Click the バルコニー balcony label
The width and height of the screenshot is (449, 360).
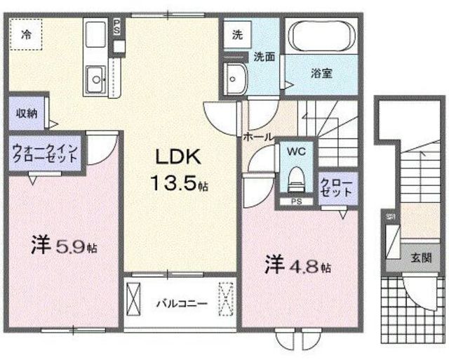tap(181, 305)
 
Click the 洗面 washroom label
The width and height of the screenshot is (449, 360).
tap(264, 57)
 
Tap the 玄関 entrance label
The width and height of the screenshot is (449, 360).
tap(421, 258)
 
